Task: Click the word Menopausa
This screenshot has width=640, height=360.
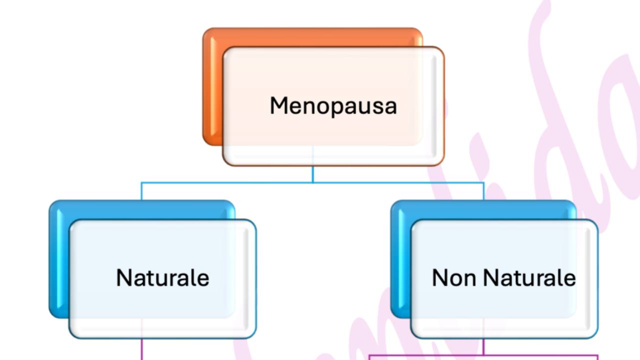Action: pyautogui.click(x=333, y=106)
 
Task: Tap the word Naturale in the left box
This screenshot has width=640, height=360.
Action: pyautogui.click(x=162, y=278)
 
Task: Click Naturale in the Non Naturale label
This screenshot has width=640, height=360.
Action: pyautogui.click(x=529, y=278)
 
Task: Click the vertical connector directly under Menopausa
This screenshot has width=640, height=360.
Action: pyautogui.click(x=313, y=173)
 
